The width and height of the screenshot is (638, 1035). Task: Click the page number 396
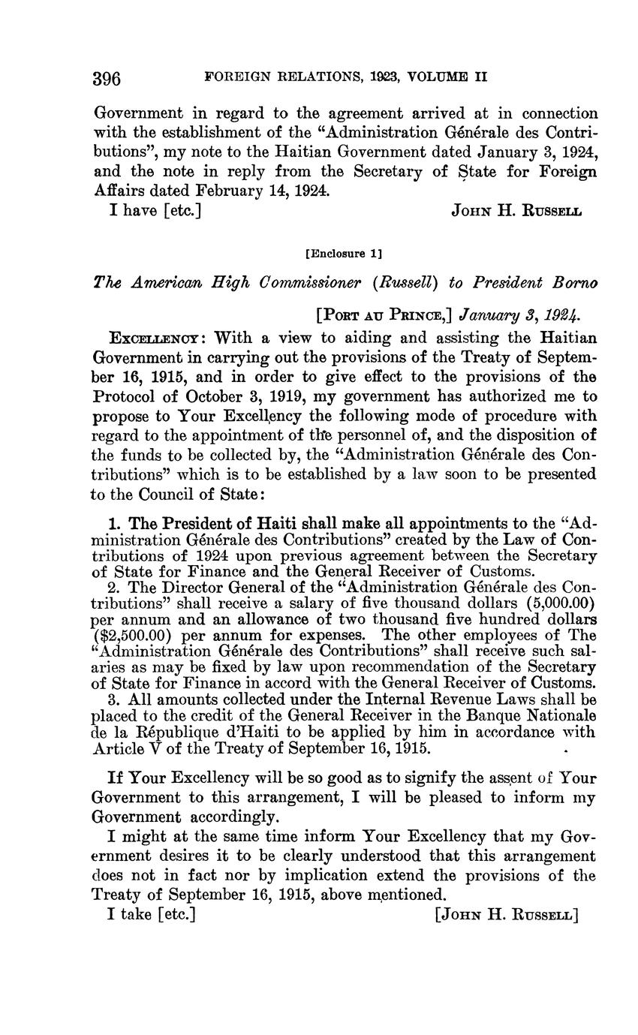(107, 78)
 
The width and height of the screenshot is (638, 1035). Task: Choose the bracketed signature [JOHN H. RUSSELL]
(507, 914)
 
